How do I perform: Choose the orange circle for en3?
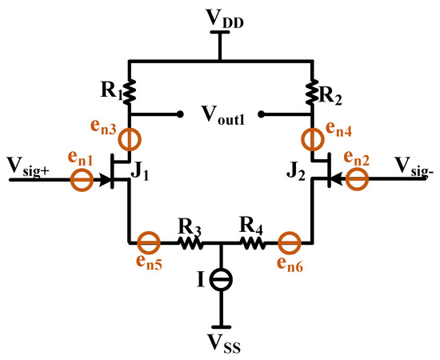coord(128,140)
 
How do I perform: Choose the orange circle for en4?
coord(311,140)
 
